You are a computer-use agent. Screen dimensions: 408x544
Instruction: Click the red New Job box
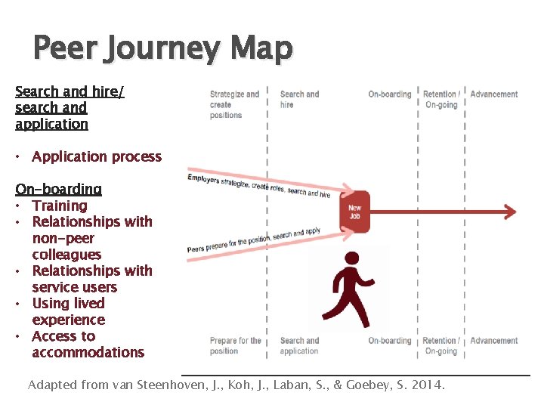click(354, 211)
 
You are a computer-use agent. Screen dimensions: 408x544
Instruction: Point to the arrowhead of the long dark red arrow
click(510, 212)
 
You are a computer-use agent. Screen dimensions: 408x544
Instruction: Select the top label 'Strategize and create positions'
click(234, 104)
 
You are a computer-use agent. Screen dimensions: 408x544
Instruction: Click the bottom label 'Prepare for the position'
click(235, 345)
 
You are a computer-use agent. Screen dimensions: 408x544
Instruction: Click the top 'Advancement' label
click(494, 94)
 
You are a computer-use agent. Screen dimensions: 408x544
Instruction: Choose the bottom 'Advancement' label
click(494, 341)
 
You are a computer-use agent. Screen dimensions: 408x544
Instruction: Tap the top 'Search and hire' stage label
click(299, 99)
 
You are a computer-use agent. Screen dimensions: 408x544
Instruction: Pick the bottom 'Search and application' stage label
click(299, 345)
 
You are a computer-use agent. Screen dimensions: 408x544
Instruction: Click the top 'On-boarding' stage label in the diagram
click(389, 94)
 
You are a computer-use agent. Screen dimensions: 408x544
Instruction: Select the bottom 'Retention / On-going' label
click(440, 345)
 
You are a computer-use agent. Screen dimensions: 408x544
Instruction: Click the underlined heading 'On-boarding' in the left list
click(58, 189)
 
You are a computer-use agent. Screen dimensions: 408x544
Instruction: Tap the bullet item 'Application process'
click(97, 157)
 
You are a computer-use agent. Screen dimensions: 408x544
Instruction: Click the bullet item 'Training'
click(60, 206)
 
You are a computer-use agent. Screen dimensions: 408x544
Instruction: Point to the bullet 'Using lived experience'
click(69, 311)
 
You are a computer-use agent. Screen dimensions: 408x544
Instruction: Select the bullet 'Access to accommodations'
click(87, 345)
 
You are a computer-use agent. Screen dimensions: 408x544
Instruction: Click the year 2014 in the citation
click(428, 385)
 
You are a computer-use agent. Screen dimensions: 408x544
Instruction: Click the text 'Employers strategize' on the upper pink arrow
click(218, 181)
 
